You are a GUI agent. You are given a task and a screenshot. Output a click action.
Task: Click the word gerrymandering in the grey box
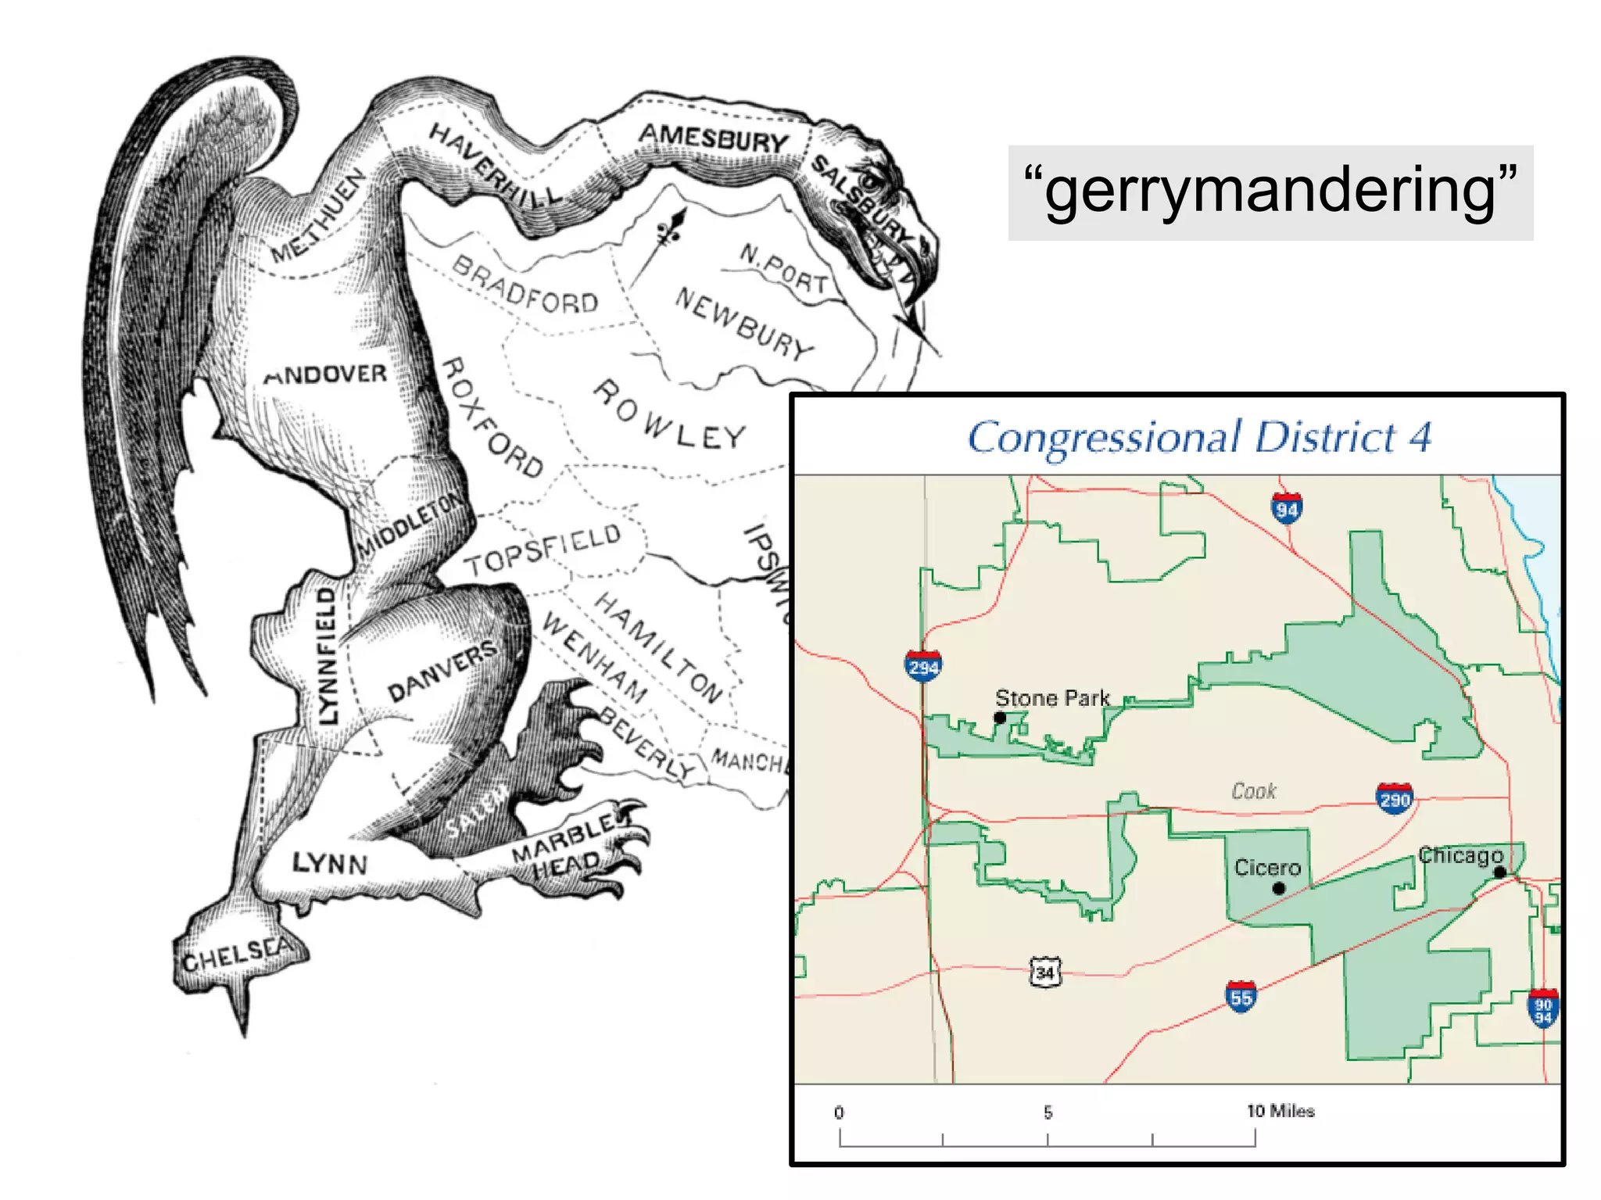[x=1270, y=192]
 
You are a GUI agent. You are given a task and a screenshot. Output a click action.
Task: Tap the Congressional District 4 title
[x=1199, y=437]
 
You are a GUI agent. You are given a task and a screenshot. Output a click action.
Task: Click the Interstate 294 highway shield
[x=923, y=666]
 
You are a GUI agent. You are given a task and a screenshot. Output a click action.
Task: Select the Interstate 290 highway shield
[x=1395, y=798]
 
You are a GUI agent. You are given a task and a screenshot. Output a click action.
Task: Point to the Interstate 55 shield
[x=1241, y=997]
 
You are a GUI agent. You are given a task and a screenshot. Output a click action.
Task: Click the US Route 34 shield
[x=1045, y=973]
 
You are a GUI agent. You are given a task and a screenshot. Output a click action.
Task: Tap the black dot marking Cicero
[x=1279, y=888]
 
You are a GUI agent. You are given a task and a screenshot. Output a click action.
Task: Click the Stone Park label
[x=1052, y=698]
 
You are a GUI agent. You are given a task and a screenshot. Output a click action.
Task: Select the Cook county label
[x=1254, y=791]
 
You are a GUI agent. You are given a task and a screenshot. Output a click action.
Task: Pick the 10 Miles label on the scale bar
[x=1280, y=1111]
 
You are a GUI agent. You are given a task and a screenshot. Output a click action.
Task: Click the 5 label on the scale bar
[x=1048, y=1112]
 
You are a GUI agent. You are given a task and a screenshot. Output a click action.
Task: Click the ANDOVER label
[x=326, y=374]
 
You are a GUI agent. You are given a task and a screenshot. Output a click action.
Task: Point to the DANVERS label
[x=442, y=672]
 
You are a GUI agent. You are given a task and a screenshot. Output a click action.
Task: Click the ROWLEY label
[x=669, y=415]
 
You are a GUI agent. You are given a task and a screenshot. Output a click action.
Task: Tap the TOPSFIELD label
[x=543, y=550]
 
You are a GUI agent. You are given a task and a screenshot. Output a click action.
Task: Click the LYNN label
[x=330, y=863]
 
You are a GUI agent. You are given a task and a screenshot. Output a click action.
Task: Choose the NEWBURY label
[x=743, y=323]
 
